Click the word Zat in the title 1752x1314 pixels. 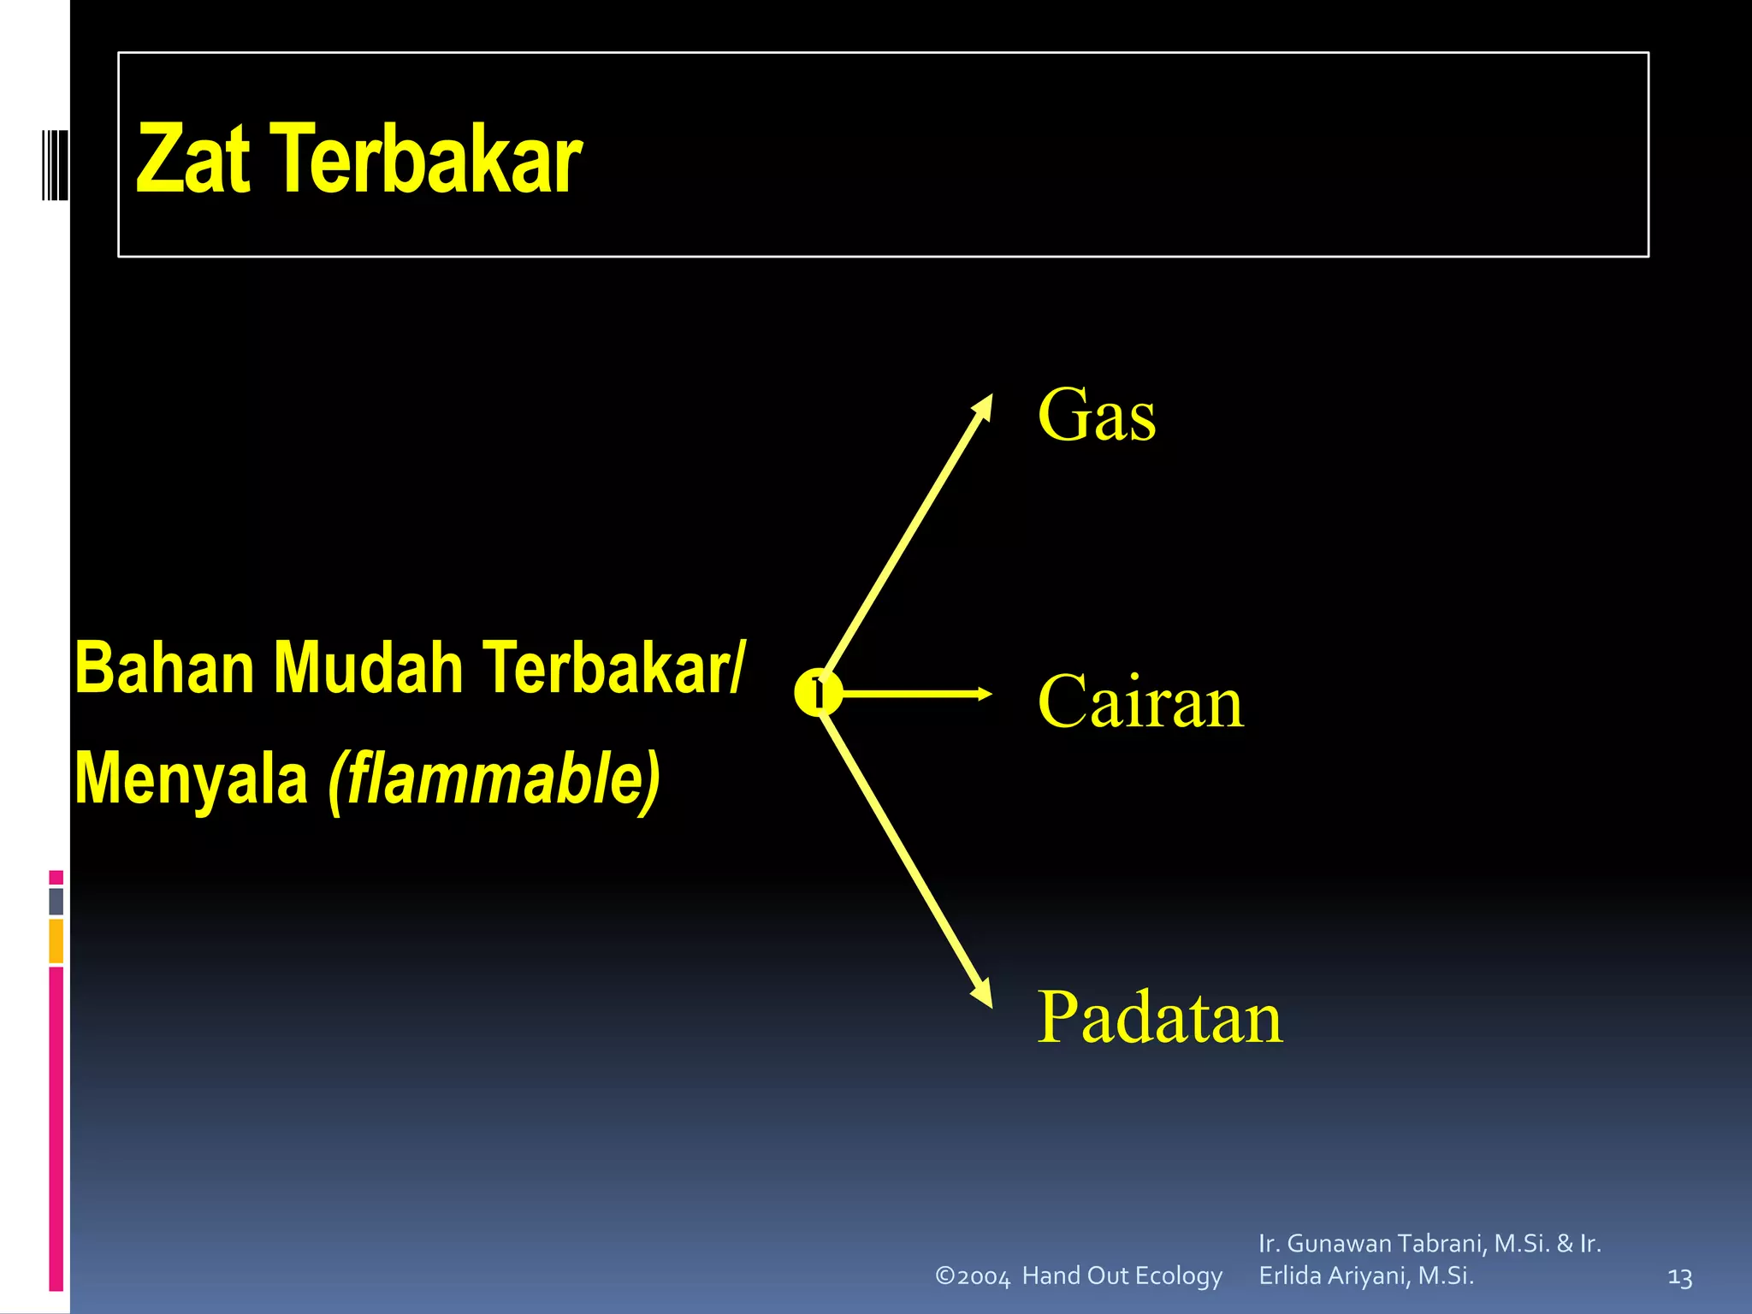[x=193, y=159]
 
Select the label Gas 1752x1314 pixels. [x=1097, y=416]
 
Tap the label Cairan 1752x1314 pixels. [x=1140, y=701]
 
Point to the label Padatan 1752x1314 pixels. [x=1160, y=1018]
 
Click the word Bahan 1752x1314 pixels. [x=164, y=668]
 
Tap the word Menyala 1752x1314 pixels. [x=192, y=779]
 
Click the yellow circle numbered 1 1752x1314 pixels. [x=818, y=693]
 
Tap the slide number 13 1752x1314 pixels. [x=1680, y=1278]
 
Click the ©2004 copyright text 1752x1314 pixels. [x=973, y=1276]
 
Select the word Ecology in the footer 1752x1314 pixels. [x=1180, y=1276]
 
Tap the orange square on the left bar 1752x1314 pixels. [x=56, y=940]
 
